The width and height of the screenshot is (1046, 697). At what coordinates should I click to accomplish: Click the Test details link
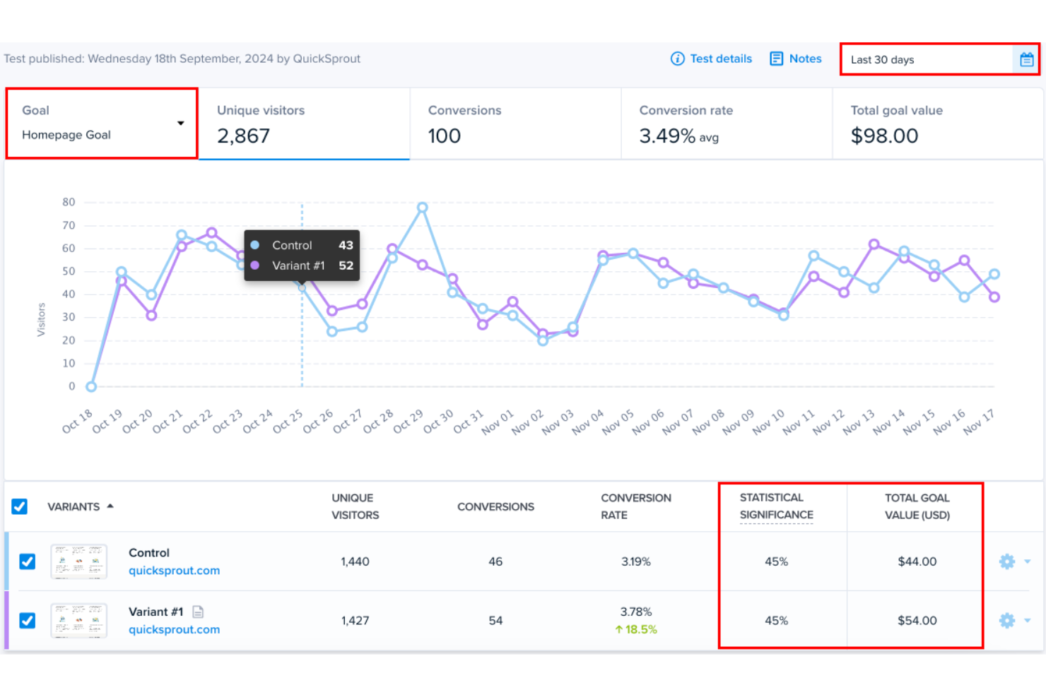click(712, 59)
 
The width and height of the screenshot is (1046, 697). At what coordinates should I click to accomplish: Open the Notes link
click(796, 59)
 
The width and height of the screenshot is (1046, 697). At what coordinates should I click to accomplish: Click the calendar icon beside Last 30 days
click(1026, 60)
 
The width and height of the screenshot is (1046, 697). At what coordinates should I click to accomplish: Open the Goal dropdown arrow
click(180, 124)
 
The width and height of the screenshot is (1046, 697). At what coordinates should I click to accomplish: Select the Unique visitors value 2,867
click(243, 136)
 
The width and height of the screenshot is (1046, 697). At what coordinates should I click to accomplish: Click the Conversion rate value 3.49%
click(667, 136)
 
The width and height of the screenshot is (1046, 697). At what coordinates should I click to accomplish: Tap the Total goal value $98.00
click(884, 136)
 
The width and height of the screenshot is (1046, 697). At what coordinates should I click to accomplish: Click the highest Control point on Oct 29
click(422, 208)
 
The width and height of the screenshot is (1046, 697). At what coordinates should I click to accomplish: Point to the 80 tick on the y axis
click(69, 202)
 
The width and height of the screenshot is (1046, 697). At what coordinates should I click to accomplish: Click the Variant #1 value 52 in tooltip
click(346, 266)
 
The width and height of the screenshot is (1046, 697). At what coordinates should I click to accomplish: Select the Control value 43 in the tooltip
click(346, 245)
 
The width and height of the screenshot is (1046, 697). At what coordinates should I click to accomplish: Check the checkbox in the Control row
click(28, 561)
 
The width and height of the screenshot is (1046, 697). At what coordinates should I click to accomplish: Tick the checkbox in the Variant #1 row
click(28, 621)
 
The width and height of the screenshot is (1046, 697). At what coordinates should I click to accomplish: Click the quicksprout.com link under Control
click(174, 571)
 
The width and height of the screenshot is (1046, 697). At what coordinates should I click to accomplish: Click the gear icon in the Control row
click(1007, 561)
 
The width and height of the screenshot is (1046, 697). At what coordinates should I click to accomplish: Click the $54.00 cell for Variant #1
click(917, 621)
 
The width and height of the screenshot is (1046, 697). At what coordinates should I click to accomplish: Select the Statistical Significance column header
click(776, 506)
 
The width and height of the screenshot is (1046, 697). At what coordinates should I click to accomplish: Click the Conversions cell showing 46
click(495, 561)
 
